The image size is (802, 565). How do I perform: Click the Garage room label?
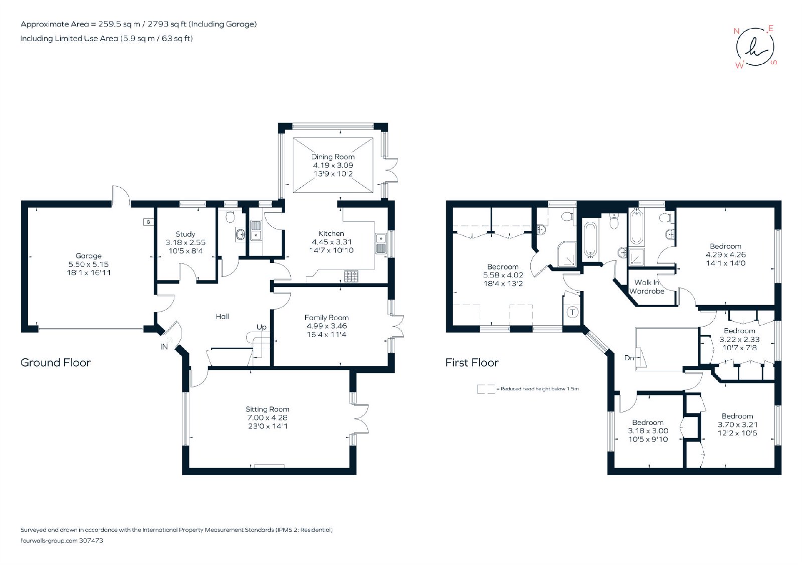88,255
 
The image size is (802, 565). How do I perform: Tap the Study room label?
185,234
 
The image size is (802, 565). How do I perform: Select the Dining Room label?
333,157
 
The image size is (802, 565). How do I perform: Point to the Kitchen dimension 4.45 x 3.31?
331,242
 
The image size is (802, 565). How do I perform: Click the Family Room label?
326,318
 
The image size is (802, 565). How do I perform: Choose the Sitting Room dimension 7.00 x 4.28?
268,417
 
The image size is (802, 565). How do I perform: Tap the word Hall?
223,317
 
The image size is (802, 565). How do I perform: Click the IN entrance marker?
164,347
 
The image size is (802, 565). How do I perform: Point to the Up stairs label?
261,327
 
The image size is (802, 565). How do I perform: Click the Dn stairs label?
629,358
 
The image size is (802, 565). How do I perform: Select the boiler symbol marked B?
148,222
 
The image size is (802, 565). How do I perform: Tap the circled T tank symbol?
572,312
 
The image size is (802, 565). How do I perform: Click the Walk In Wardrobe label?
647,287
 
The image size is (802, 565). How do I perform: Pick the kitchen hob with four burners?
351,276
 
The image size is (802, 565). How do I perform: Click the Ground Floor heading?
56,363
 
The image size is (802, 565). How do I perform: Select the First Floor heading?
472,363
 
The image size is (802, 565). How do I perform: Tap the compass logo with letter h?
755,47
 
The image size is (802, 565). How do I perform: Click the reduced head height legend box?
486,389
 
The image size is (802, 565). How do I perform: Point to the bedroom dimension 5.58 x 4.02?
503,275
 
